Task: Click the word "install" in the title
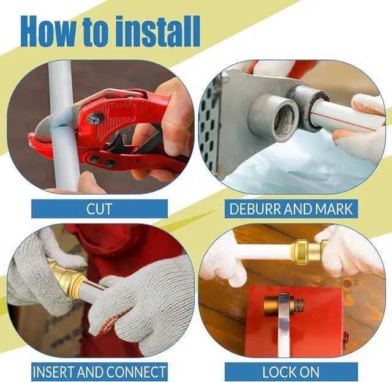[158, 31]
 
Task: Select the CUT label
[99, 209]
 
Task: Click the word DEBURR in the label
[255, 209]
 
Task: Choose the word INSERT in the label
[53, 372]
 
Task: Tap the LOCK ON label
[291, 372]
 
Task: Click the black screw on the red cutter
[95, 118]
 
